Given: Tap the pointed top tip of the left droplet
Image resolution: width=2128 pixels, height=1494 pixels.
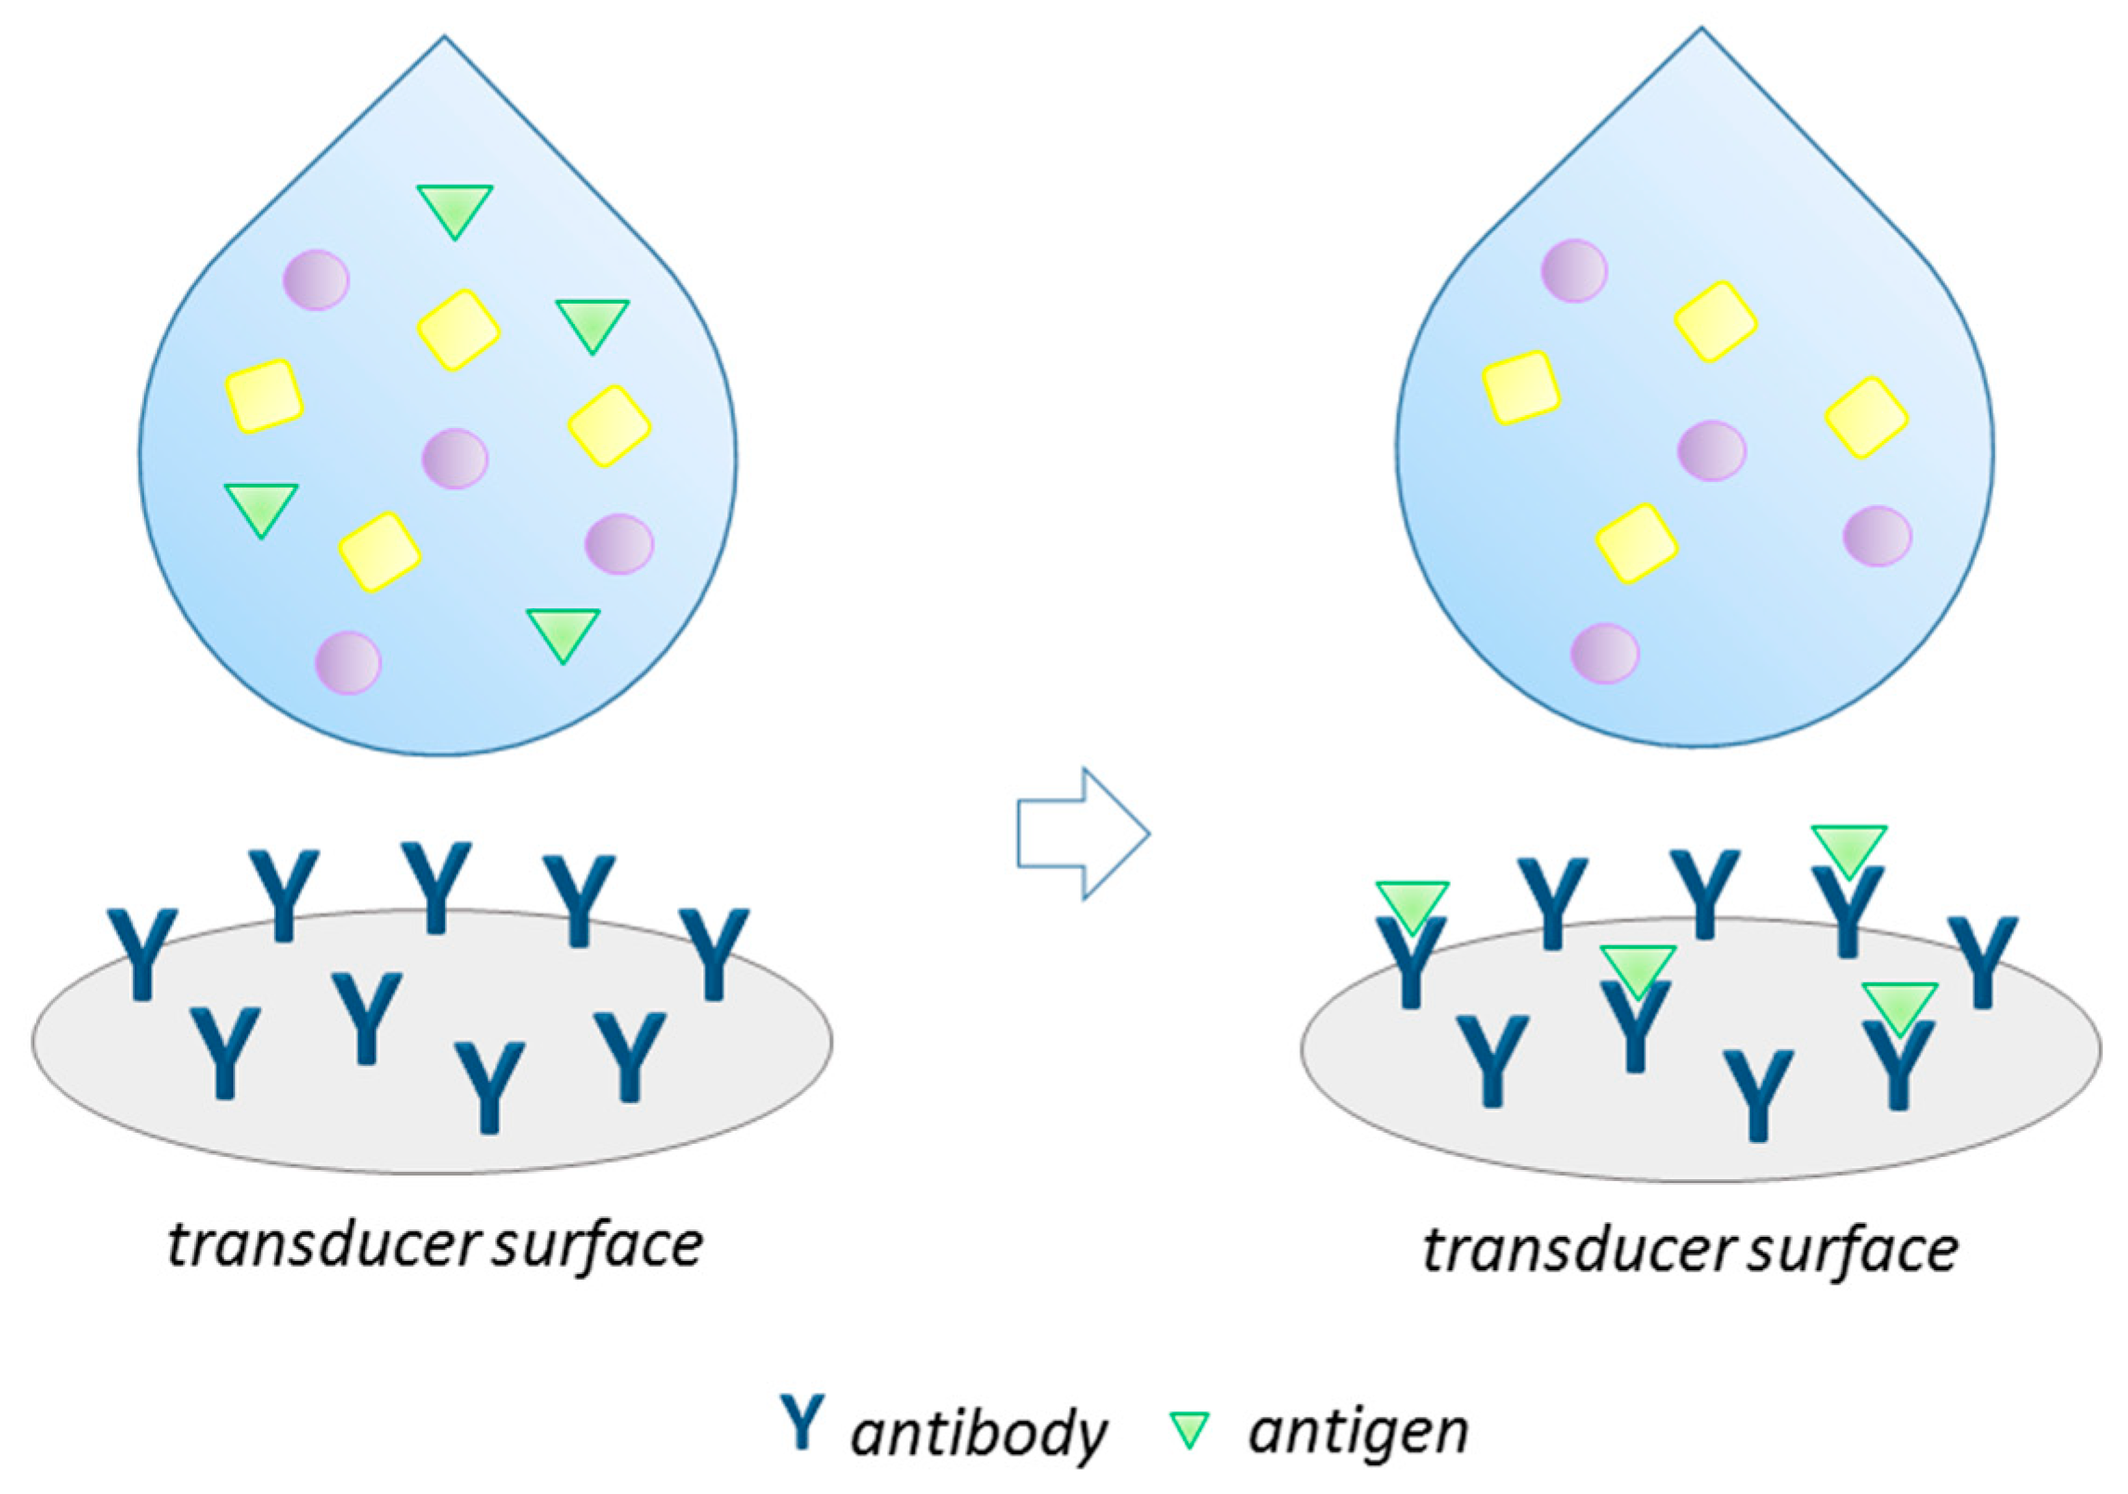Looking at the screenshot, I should (444, 39).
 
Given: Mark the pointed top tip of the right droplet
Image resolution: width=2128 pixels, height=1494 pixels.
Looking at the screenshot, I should (1701, 31).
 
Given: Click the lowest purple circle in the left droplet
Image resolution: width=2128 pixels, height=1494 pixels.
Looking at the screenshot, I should (348, 663).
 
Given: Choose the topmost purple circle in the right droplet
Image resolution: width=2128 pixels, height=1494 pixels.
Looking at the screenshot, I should (1573, 271).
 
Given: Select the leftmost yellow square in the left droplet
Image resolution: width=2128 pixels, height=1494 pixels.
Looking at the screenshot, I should (265, 396).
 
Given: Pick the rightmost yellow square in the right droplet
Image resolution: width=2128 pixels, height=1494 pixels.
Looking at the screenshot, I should (1866, 418).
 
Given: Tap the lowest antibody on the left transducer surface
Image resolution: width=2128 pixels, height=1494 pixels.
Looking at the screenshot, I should (490, 1086).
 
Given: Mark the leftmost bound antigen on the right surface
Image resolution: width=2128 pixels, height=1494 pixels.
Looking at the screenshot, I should (1412, 904).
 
